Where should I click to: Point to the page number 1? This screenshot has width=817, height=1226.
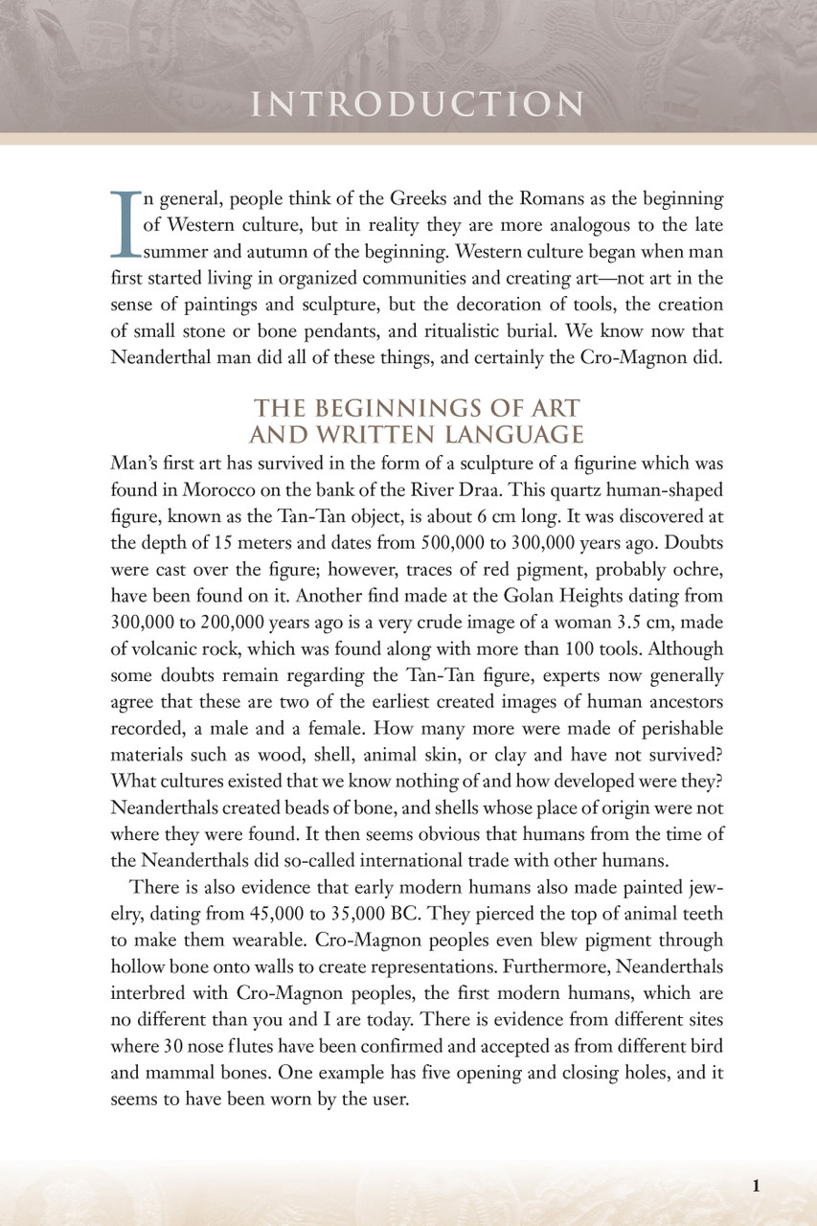pyautogui.click(x=757, y=1186)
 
